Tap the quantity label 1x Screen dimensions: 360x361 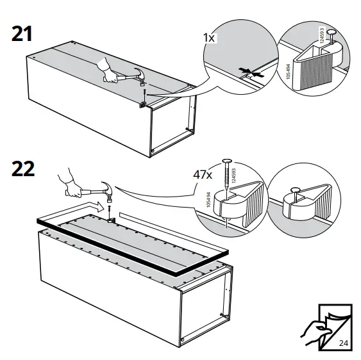click(x=209, y=38)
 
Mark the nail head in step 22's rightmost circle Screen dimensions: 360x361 click(x=294, y=190)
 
